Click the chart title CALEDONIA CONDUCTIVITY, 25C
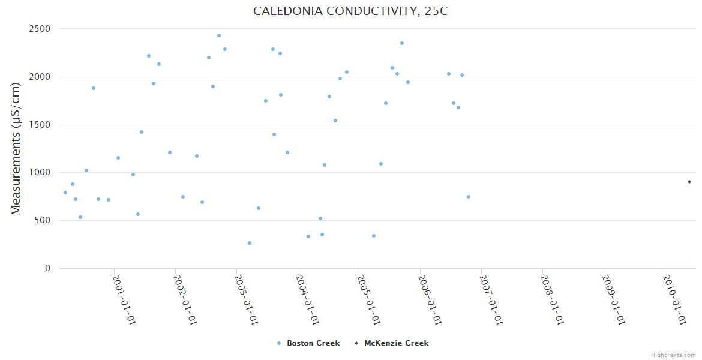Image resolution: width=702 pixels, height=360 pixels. tap(350, 11)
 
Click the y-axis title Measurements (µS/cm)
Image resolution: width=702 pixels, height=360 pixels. tap(16, 148)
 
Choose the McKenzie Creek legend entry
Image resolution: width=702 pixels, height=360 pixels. tap(396, 343)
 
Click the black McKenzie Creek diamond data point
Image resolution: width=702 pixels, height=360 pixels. tap(689, 182)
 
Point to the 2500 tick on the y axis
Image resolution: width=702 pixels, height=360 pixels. tap(40, 29)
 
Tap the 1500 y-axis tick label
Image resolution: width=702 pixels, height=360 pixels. tap(40, 125)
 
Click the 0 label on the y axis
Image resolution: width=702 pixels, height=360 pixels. tap(47, 268)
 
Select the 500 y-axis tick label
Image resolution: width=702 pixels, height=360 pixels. tap(43, 220)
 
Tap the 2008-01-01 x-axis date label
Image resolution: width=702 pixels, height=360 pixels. tap(553, 299)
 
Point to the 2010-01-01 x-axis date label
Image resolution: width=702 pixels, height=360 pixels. tap(675, 299)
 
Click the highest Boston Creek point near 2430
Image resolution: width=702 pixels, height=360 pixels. tap(219, 35)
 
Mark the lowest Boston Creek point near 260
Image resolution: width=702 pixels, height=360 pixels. tap(250, 243)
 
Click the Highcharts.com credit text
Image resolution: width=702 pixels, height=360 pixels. tap(673, 355)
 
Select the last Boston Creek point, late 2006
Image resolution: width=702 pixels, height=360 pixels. tap(469, 197)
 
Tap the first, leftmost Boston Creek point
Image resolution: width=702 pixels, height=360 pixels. tap(65, 193)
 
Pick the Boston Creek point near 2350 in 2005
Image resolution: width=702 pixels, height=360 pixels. tap(402, 43)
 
